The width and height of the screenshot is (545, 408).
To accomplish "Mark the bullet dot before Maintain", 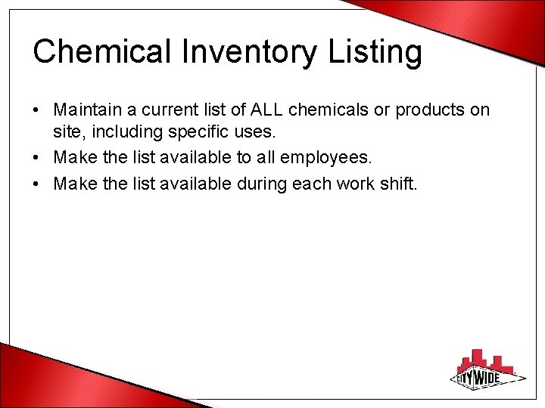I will (x=36, y=110).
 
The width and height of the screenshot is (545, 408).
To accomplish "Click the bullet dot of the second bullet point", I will (x=36, y=157).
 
